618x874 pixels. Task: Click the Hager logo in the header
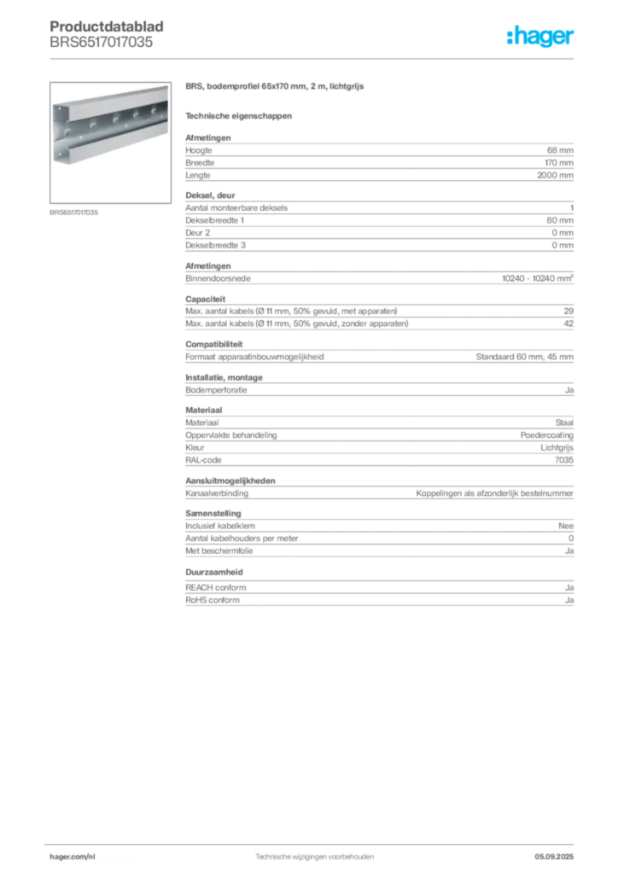click(539, 36)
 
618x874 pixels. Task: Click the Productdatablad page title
click(107, 26)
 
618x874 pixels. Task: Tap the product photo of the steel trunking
click(110, 143)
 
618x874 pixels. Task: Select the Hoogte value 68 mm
click(560, 150)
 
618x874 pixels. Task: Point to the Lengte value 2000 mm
click(555, 175)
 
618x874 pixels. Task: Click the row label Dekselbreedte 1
click(214, 220)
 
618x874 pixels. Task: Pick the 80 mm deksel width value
click(560, 220)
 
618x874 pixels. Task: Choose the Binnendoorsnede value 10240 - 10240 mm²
click(538, 278)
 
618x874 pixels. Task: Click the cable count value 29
click(568, 311)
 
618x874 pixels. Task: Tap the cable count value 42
click(568, 323)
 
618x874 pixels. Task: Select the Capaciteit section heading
click(206, 299)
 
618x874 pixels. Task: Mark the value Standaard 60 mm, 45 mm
click(524, 357)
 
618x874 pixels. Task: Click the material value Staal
click(564, 422)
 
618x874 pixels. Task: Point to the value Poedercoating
click(546, 434)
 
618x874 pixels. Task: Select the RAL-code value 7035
click(564, 460)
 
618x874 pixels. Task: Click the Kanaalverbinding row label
click(217, 493)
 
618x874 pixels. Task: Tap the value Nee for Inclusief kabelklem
click(566, 526)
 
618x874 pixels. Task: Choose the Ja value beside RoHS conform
click(569, 600)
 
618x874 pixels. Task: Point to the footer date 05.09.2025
click(554, 857)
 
